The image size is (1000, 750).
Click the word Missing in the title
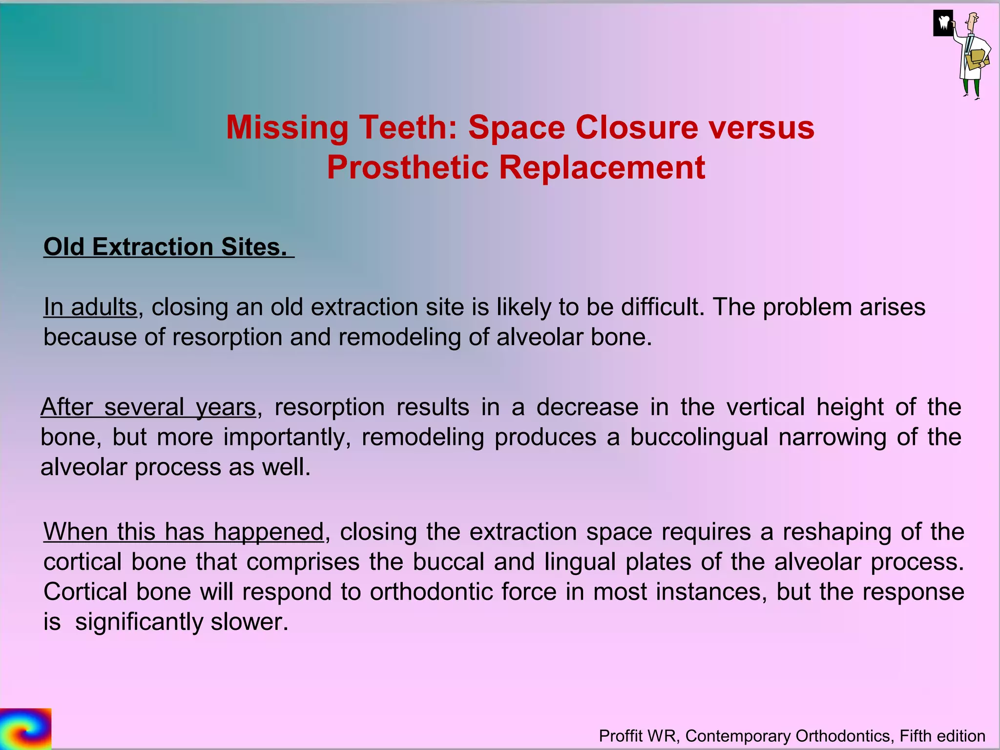tap(287, 127)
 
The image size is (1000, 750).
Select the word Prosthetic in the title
tap(407, 167)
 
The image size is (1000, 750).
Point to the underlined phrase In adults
tap(90, 308)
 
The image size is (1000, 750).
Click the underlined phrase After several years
tap(148, 407)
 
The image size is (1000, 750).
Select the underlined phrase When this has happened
tap(183, 532)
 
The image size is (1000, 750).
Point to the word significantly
tap(139, 622)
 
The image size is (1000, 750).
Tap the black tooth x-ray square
tap(943, 23)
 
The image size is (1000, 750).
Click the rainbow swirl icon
tap(25, 728)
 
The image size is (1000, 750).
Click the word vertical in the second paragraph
tap(766, 407)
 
